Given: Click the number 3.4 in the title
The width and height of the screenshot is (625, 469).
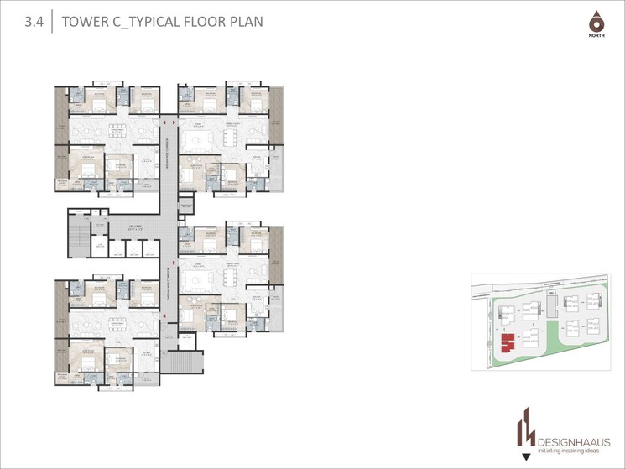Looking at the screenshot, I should click(34, 22).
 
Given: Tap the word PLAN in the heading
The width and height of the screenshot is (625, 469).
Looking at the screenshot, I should click(244, 21).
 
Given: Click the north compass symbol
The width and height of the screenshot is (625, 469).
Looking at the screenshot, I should click(596, 23).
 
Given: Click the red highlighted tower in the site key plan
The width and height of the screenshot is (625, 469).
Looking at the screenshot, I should click(508, 341).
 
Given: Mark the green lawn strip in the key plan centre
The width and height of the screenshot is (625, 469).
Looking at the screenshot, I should click(552, 332).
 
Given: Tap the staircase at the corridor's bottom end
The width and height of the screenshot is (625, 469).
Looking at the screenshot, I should click(181, 362).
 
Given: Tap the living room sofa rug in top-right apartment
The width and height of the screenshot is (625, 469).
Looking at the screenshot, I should click(201, 134).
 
